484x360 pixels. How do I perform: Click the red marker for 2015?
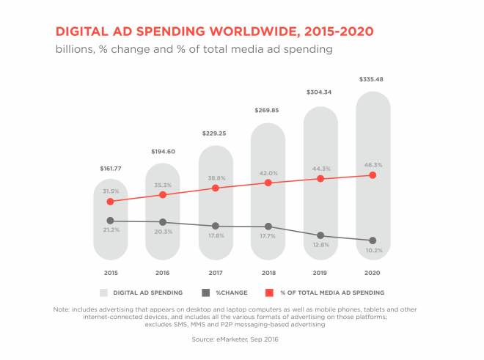[111, 202]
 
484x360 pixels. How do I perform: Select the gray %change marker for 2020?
[373, 240]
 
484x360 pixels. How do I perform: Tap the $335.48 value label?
[373, 79]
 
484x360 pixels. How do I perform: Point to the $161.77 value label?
[111, 169]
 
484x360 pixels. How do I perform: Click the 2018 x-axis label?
[268, 273]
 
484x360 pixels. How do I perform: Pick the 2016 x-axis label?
[163, 273]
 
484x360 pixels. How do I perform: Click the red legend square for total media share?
[269, 293]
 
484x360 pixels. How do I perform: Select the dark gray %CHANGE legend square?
[207, 293]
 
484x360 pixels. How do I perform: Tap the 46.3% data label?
[373, 166]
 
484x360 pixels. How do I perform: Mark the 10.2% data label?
[373, 250]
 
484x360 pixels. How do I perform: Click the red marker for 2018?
[268, 183]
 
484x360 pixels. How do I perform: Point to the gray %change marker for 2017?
[216, 226]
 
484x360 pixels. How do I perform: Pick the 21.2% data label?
[111, 229]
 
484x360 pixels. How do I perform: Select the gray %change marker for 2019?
[320, 235]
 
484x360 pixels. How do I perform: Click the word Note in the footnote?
[63, 309]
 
